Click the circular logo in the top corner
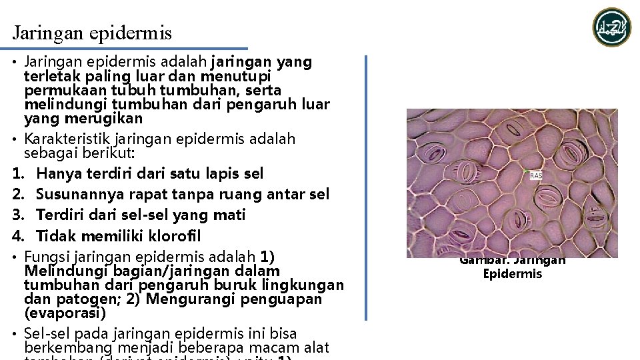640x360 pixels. (612, 27)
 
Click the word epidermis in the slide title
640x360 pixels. (139, 33)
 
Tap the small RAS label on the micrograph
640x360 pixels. (535, 175)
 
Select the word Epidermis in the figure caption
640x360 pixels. (513, 274)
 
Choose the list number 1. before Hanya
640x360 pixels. (18, 173)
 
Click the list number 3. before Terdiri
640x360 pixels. (18, 215)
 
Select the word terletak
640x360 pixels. (50, 76)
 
